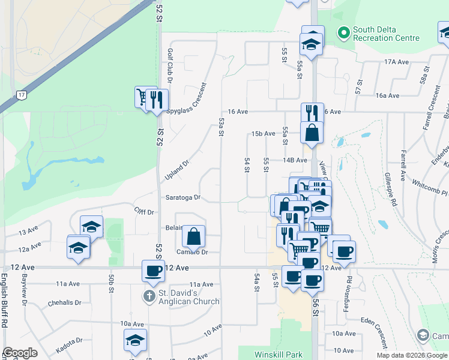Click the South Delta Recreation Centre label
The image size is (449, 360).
pyautogui.click(x=386, y=34)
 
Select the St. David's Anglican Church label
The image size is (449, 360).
pyautogui.click(x=189, y=298)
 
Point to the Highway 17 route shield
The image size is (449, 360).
pyautogui.click(x=22, y=95)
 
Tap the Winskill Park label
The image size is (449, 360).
pyautogui.click(x=278, y=355)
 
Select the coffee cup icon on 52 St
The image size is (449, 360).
pyautogui.click(x=152, y=271)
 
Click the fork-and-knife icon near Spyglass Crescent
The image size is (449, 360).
pyautogui.click(x=157, y=99)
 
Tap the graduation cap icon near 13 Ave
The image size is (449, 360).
pyautogui.click(x=91, y=227)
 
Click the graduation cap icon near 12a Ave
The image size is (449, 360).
pyautogui.click(x=79, y=247)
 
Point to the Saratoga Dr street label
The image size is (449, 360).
pyautogui.click(x=183, y=197)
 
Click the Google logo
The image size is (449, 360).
pyautogui.click(x=20, y=353)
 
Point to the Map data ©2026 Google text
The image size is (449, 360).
pyautogui.click(x=412, y=355)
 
